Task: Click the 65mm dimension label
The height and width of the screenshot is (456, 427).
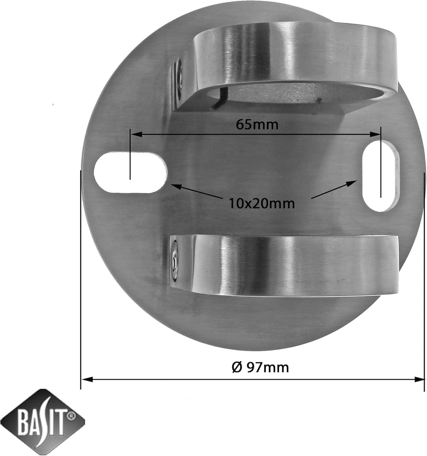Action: [x=257, y=125]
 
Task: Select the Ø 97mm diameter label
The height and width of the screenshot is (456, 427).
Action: [x=261, y=367]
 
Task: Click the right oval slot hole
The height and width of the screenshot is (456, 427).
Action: [x=381, y=176]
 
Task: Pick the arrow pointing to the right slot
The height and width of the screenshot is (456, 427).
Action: [x=334, y=189]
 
